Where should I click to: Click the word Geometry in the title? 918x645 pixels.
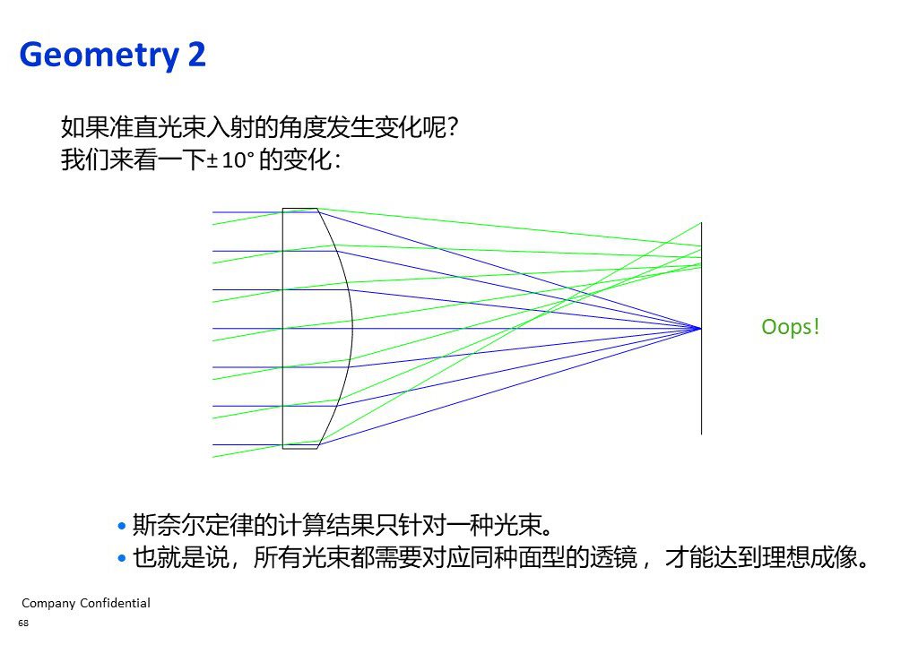99,56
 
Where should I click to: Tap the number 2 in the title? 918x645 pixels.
196,54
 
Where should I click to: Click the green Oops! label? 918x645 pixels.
790,327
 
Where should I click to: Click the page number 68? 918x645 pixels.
23,623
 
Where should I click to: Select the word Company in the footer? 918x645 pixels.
48,604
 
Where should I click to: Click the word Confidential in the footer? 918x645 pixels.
115,603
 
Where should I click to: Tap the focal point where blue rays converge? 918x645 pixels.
701,329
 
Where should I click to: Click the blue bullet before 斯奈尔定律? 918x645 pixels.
122,526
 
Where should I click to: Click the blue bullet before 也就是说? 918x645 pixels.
122,558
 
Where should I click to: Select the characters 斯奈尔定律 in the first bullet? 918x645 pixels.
192,525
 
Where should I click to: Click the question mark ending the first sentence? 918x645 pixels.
452,127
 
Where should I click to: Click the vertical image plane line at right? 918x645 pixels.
701,329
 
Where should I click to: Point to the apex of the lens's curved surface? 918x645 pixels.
352,329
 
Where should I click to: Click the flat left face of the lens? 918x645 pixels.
282,329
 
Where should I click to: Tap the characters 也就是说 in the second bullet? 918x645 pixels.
180,557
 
